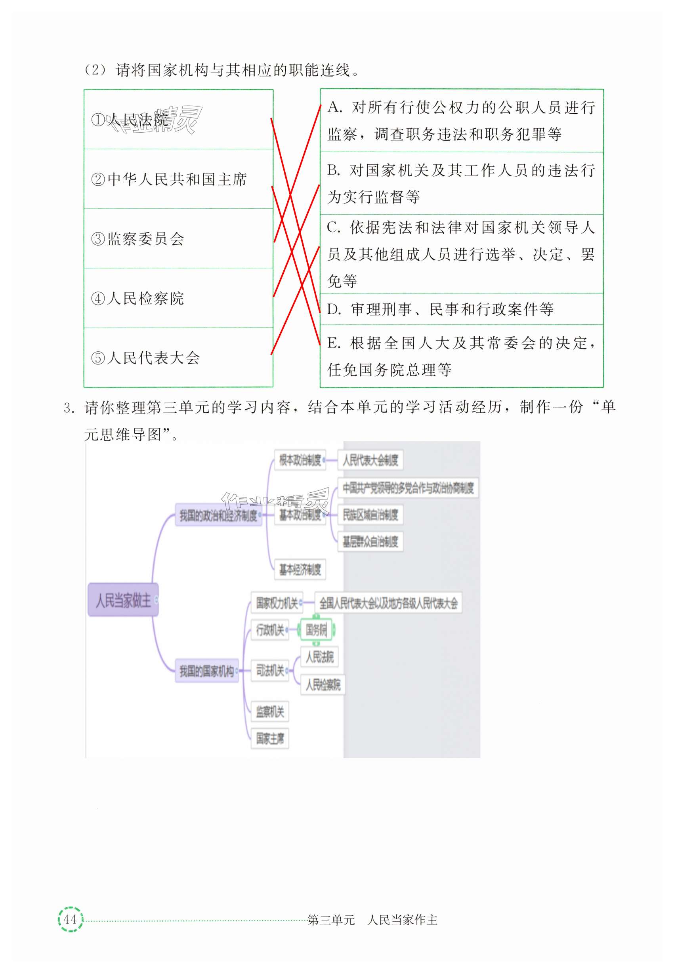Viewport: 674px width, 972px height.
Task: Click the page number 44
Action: tap(70, 919)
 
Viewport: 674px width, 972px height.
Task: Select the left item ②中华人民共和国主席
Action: tap(169, 179)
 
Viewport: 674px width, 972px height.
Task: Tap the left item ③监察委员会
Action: tap(137, 239)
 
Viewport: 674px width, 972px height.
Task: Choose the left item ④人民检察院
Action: tap(137, 298)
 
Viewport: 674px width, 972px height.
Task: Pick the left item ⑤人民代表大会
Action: tap(146, 358)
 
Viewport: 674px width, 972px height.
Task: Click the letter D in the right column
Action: tap(334, 309)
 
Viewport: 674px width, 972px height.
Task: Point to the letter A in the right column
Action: tap(334, 107)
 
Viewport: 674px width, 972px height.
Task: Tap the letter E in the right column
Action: tap(333, 343)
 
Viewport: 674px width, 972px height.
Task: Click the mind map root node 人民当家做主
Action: tap(123, 600)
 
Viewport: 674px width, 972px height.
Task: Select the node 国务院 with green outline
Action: tap(316, 630)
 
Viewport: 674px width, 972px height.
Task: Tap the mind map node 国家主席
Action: tap(270, 738)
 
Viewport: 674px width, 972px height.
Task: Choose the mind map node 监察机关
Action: tap(270, 712)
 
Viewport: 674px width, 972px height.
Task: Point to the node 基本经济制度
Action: tap(300, 570)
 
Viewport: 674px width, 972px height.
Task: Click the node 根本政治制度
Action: tap(300, 460)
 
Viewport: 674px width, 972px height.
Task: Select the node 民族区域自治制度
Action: tap(370, 515)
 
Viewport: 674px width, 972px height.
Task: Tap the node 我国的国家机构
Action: tap(206, 671)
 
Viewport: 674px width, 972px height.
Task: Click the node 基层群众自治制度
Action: tap(370, 541)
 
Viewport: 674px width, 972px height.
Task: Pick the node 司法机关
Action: tap(270, 670)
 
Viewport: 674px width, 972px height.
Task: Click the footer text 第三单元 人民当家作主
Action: tap(372, 919)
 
